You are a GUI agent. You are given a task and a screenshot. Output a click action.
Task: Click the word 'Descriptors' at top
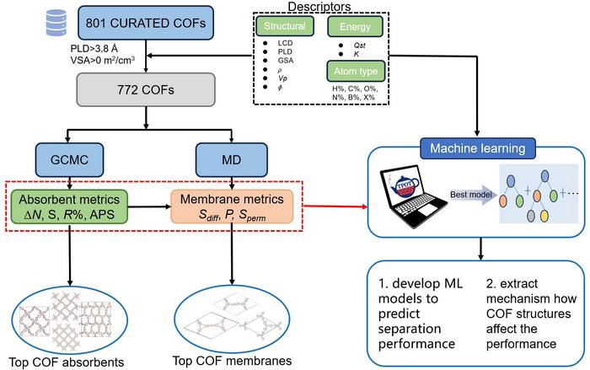324,8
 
